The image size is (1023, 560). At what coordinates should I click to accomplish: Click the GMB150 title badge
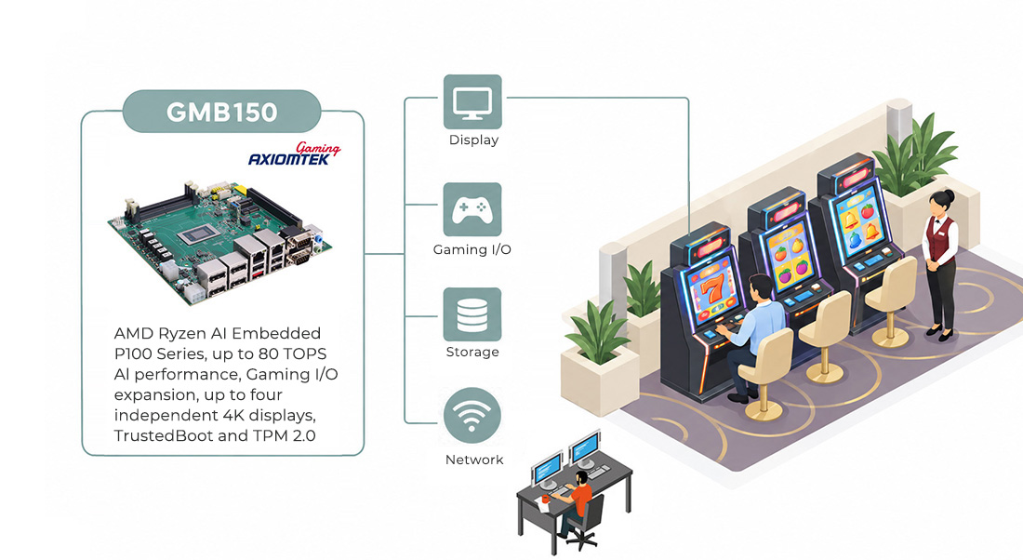pyautogui.click(x=222, y=112)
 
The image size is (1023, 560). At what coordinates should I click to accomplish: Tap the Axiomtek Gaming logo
pyautogui.click(x=294, y=154)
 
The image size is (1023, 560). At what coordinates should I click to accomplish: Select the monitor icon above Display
pyautogui.click(x=472, y=101)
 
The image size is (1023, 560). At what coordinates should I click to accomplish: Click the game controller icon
pyautogui.click(x=472, y=209)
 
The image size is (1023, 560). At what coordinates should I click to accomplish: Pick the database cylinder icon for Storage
pyautogui.click(x=472, y=313)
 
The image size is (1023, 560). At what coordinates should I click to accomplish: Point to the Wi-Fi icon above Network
pyautogui.click(x=472, y=416)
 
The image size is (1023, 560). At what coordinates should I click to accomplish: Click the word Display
pyautogui.click(x=473, y=140)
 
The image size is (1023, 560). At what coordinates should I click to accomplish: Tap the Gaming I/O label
pyautogui.click(x=472, y=249)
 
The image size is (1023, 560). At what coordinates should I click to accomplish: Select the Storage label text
pyautogui.click(x=472, y=352)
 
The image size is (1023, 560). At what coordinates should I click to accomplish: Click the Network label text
pyautogui.click(x=474, y=460)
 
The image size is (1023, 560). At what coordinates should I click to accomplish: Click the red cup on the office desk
pyautogui.click(x=545, y=499)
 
